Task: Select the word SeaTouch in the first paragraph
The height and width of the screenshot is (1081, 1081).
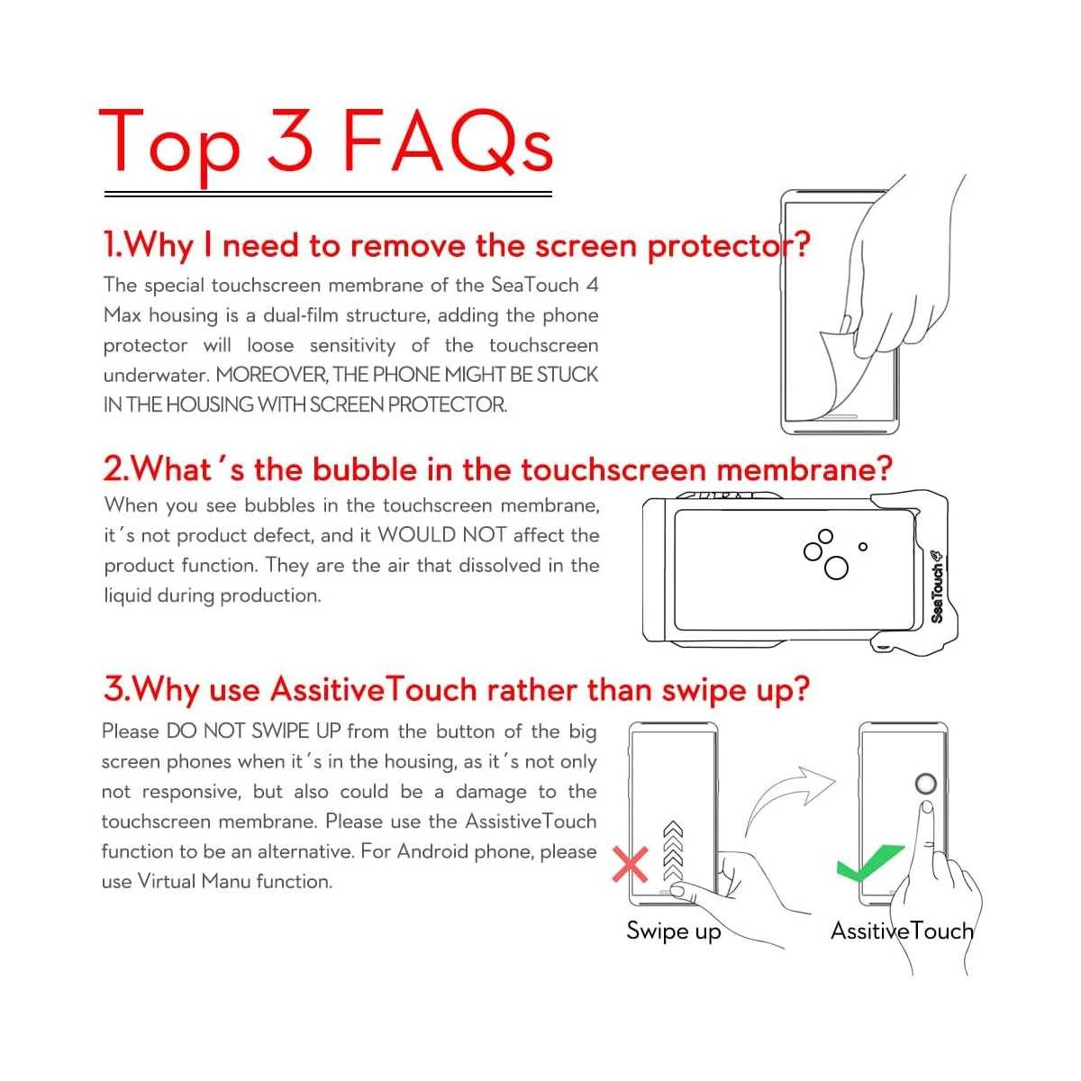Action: coord(534,285)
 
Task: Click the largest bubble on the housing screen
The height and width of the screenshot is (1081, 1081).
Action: coord(835,568)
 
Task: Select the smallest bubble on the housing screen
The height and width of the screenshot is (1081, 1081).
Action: coord(863,547)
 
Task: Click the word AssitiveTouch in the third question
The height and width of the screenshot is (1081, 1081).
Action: coord(374,689)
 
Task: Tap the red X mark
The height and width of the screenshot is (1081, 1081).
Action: coord(631,864)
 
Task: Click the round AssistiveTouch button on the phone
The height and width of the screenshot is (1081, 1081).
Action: coord(925,783)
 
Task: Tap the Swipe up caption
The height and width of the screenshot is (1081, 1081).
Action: coord(673,931)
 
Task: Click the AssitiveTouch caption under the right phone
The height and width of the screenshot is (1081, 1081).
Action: coord(902,931)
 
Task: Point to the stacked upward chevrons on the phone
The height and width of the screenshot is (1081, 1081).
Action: coord(673,850)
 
